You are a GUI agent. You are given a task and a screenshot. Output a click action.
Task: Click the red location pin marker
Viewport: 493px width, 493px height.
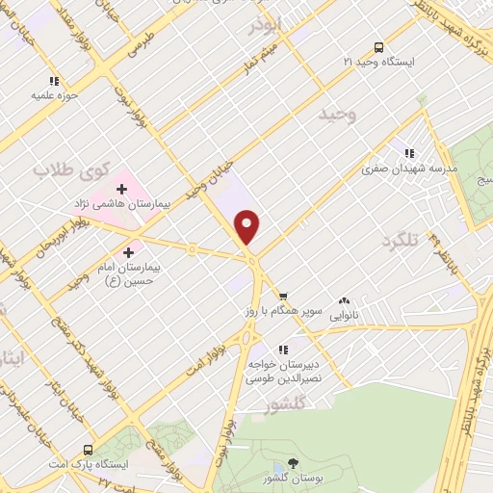click(247, 226)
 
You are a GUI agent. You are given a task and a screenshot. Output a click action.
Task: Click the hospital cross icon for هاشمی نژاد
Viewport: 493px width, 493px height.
click(121, 188)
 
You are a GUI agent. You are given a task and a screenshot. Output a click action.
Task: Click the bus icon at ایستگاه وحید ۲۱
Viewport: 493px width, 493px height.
click(377, 45)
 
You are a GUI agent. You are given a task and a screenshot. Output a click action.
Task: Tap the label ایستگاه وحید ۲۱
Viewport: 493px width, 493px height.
click(379, 61)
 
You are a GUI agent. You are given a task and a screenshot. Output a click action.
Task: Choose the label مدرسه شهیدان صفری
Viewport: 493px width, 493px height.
click(410, 168)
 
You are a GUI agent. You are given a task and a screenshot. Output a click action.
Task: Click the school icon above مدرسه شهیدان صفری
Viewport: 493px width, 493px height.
click(409, 152)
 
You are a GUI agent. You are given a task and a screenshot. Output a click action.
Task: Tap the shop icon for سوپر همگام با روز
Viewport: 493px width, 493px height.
click(282, 297)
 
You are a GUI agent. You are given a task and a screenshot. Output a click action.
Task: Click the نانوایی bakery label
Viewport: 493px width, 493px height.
click(344, 315)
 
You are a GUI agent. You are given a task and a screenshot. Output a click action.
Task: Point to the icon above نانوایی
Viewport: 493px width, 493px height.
click(344, 300)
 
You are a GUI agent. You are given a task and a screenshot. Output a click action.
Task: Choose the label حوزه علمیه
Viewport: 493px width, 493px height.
click(54, 96)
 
